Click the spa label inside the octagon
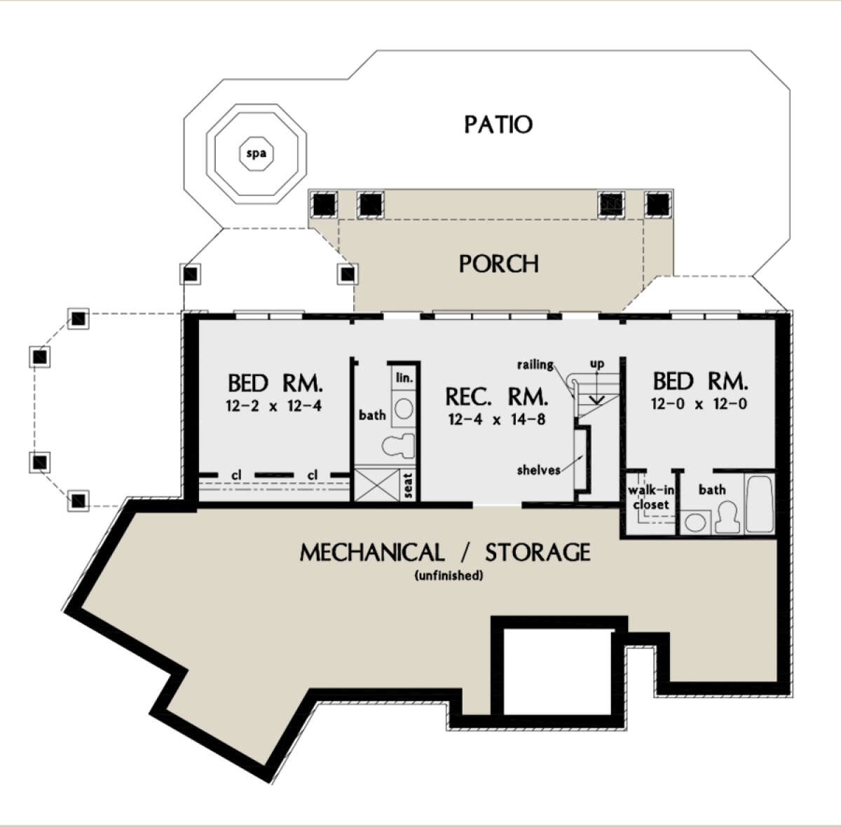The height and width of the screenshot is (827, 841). (x=257, y=153)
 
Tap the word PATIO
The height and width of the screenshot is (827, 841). (x=498, y=125)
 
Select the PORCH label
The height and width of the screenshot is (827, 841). (x=498, y=264)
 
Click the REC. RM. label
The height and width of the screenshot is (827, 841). (x=497, y=397)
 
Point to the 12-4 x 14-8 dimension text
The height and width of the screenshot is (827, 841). (x=497, y=419)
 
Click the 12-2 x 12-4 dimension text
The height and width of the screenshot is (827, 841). (x=273, y=406)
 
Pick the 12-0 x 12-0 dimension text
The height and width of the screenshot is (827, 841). (x=699, y=404)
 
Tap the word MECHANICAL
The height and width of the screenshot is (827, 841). (x=372, y=553)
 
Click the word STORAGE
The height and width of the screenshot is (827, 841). (x=538, y=553)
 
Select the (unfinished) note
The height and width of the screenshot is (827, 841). (x=449, y=576)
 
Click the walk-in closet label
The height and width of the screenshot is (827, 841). (x=651, y=497)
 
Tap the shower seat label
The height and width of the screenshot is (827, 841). (x=408, y=485)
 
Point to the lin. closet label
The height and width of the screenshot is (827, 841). (x=404, y=377)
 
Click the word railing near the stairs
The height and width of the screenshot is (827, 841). (x=535, y=365)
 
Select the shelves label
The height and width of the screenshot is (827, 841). (x=538, y=470)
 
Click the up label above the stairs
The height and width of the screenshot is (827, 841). (x=597, y=364)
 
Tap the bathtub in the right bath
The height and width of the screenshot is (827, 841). (x=760, y=503)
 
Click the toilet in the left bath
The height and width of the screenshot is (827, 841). (x=398, y=446)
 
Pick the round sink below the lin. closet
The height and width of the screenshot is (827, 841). (x=404, y=409)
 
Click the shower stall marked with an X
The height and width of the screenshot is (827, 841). (x=376, y=485)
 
